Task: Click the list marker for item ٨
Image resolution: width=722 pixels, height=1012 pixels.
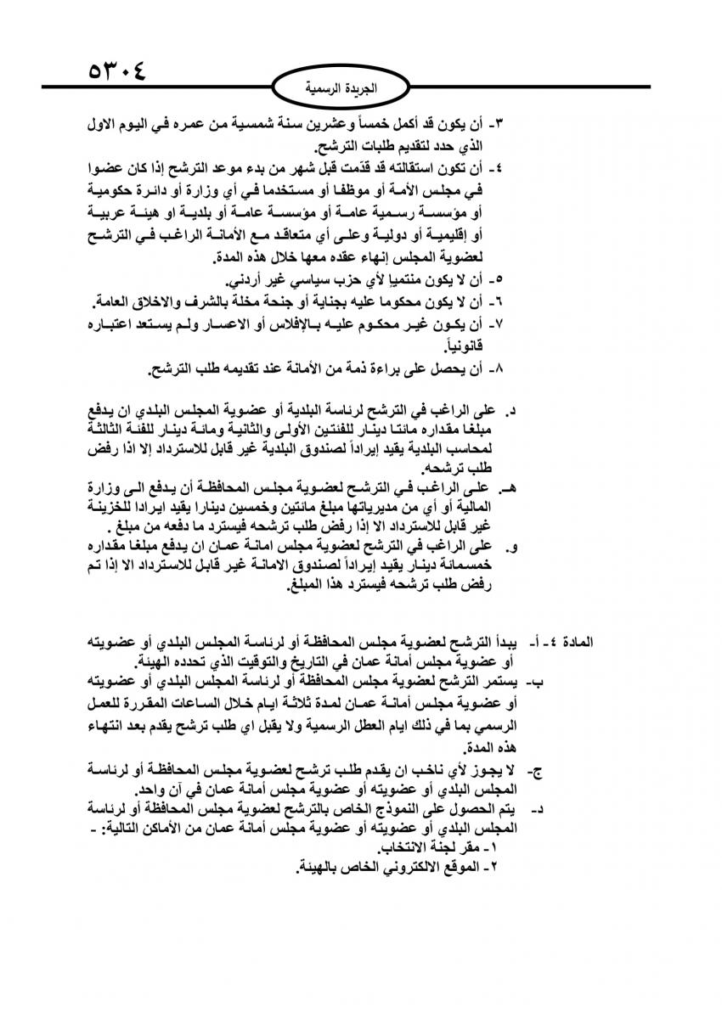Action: [x=477, y=369]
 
